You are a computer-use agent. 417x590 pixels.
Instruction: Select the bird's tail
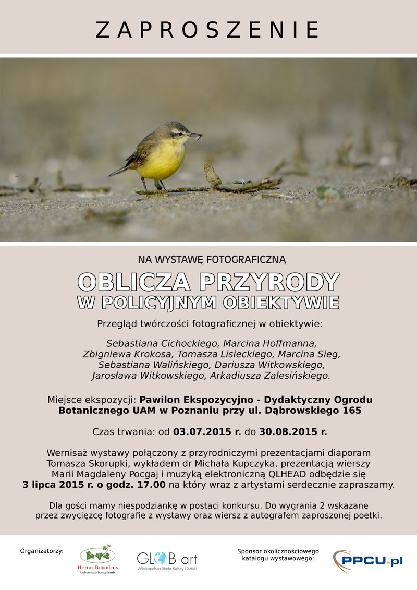[x=119, y=171]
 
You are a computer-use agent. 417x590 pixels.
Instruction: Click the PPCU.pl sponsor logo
[x=367, y=560]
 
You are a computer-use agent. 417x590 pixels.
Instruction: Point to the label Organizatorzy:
[x=42, y=550]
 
